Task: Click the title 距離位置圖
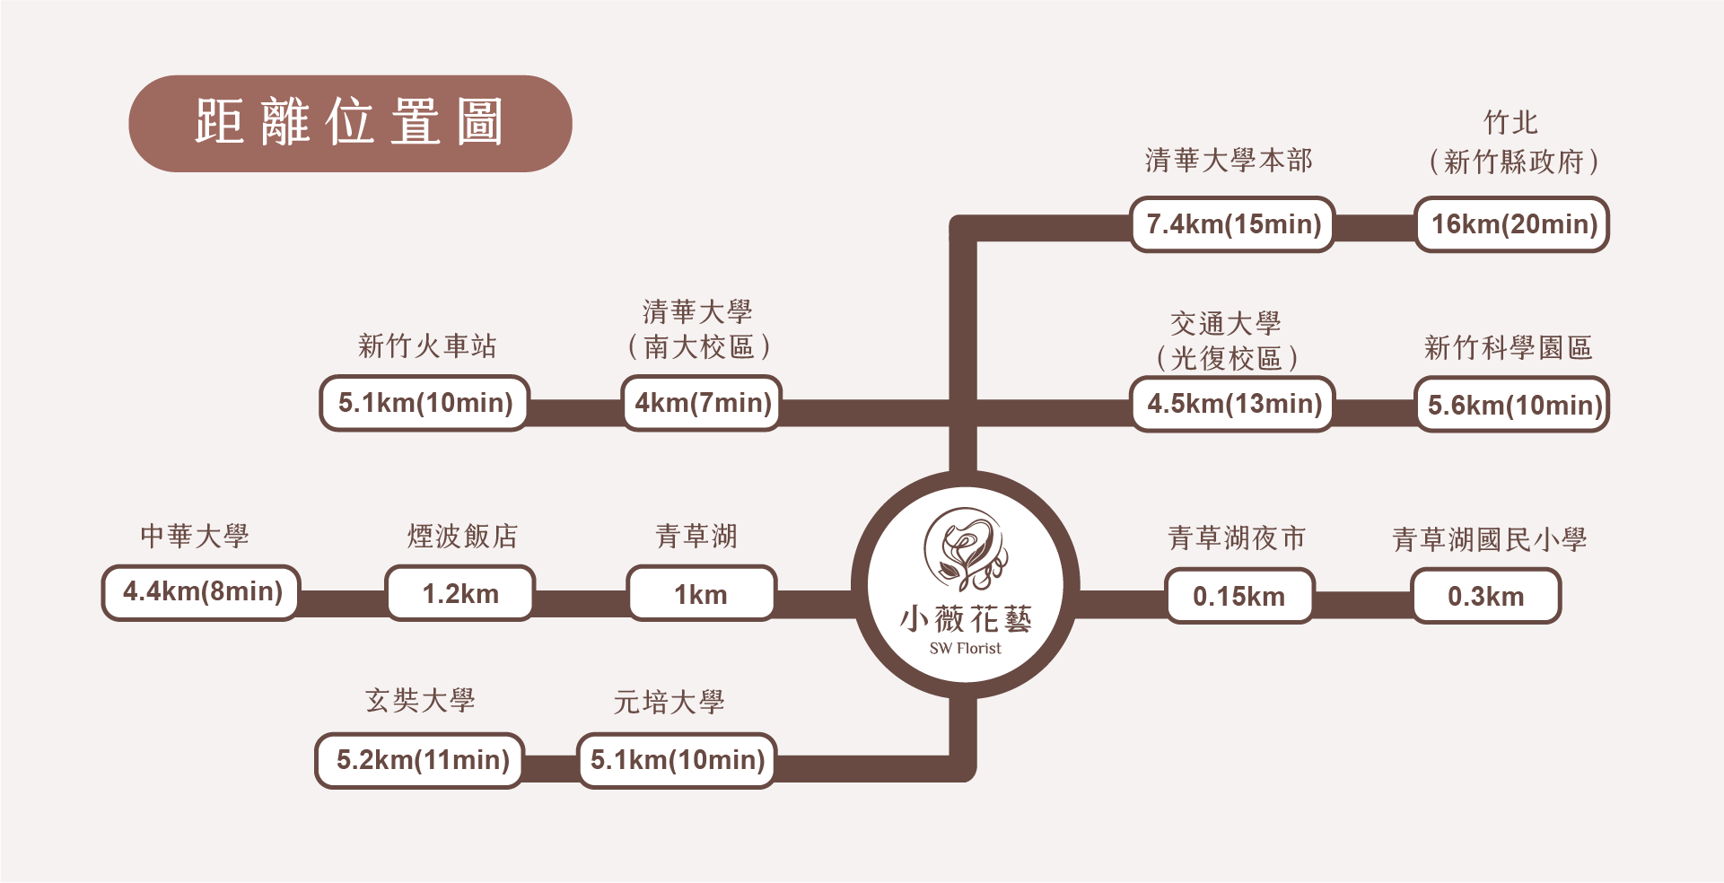(350, 123)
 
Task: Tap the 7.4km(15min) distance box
(1233, 224)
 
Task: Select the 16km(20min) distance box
(1513, 224)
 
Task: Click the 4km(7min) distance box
(703, 403)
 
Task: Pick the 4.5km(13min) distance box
(1233, 404)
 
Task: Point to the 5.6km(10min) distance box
(1513, 405)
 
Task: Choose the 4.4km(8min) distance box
(201, 592)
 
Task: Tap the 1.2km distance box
(460, 593)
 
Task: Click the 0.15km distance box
(1238, 596)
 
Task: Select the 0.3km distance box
(1486, 597)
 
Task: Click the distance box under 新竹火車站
(424, 403)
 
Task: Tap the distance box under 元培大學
(677, 761)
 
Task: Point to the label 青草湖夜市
(1237, 538)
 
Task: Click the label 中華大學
(195, 536)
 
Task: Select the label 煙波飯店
(462, 536)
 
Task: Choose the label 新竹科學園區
(1508, 347)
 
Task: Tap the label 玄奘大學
(420, 700)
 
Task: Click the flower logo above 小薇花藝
(965, 548)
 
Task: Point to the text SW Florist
(965, 649)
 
